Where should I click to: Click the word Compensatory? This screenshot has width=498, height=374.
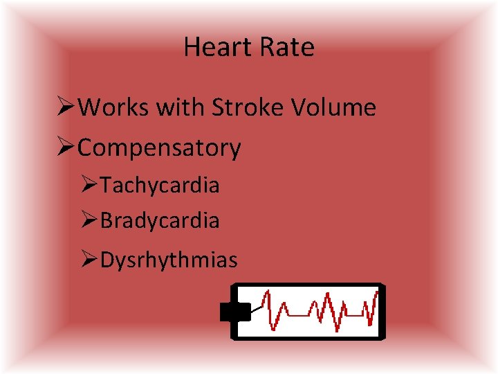click(160, 148)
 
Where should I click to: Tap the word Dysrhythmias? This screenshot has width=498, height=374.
click(169, 260)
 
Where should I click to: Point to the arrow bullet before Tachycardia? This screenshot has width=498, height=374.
click(90, 186)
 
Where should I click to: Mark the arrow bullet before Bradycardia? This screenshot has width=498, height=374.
click(90, 221)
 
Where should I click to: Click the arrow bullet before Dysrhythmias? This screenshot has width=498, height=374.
click(90, 260)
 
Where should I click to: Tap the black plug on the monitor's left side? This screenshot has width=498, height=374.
click(235, 312)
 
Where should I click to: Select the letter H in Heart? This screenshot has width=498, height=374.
click(192, 47)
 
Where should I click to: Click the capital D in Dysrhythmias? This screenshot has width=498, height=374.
click(107, 260)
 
